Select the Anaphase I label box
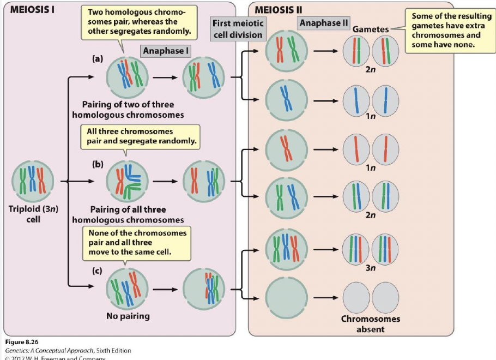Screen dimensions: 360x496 click(x=165, y=51)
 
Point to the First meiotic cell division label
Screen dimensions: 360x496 click(x=238, y=28)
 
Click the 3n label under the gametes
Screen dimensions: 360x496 click(x=371, y=267)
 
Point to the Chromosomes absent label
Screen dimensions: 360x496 click(x=371, y=323)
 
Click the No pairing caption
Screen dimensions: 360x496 click(x=128, y=315)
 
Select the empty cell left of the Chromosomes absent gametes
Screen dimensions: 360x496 click(x=286, y=297)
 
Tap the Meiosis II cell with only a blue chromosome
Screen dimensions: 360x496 click(x=286, y=100)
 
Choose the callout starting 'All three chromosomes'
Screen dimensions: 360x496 click(x=140, y=136)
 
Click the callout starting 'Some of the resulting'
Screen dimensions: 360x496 click(x=448, y=30)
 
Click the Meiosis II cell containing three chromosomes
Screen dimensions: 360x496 click(x=286, y=249)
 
